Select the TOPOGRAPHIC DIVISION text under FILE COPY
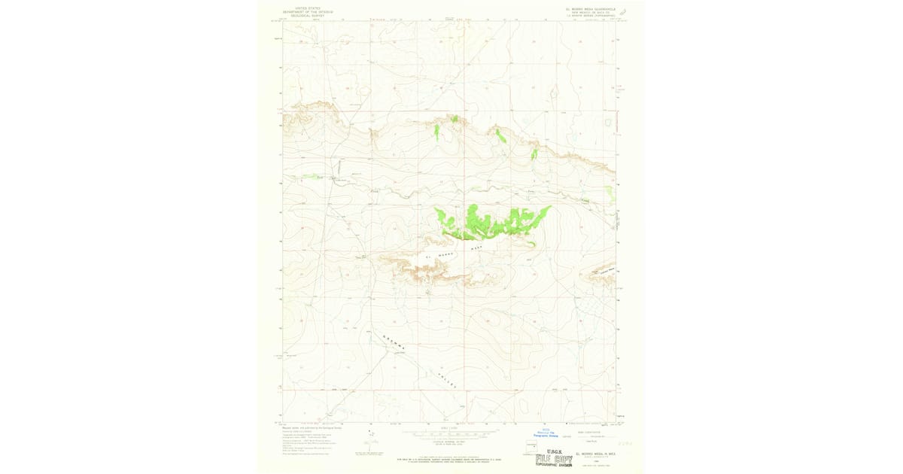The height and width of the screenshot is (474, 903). (553, 465)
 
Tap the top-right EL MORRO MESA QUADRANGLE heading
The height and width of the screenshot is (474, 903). (591, 10)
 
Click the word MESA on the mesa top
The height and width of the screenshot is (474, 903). (476, 247)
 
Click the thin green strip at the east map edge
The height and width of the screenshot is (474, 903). (611, 193)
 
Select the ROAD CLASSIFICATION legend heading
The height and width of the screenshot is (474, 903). (588, 432)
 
